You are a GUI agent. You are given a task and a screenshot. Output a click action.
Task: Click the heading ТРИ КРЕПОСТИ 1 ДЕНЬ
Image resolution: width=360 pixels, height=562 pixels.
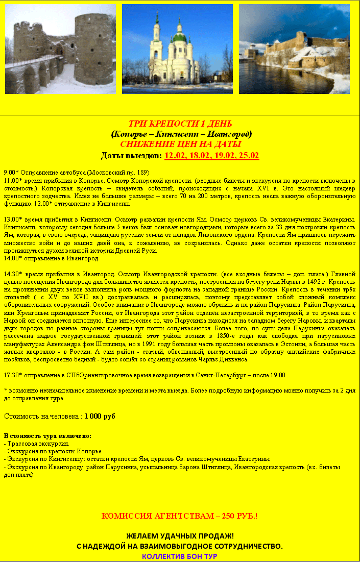coord(180,124)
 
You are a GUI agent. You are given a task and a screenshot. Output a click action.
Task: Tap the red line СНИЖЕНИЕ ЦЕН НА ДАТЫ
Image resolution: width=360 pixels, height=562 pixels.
coord(180,144)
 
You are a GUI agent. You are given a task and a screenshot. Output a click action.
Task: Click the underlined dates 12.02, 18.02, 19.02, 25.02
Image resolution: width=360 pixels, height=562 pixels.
coord(211,155)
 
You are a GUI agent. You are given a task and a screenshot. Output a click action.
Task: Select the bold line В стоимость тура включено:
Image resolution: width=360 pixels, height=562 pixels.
coord(47,436)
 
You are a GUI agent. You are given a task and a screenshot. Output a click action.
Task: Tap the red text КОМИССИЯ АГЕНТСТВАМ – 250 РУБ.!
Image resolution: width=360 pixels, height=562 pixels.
coord(180,516)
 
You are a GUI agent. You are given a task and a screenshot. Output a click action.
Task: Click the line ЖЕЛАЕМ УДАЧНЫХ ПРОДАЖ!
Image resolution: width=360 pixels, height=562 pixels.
coord(180,536)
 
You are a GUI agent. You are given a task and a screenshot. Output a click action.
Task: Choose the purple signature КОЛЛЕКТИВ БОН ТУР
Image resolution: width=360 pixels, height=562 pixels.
coord(180,556)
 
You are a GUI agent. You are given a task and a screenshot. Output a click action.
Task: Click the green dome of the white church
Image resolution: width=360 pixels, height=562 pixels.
coord(179,37)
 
